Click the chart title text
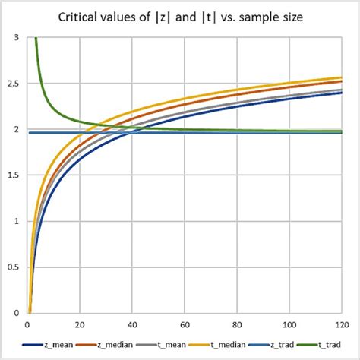(x=180, y=16)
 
